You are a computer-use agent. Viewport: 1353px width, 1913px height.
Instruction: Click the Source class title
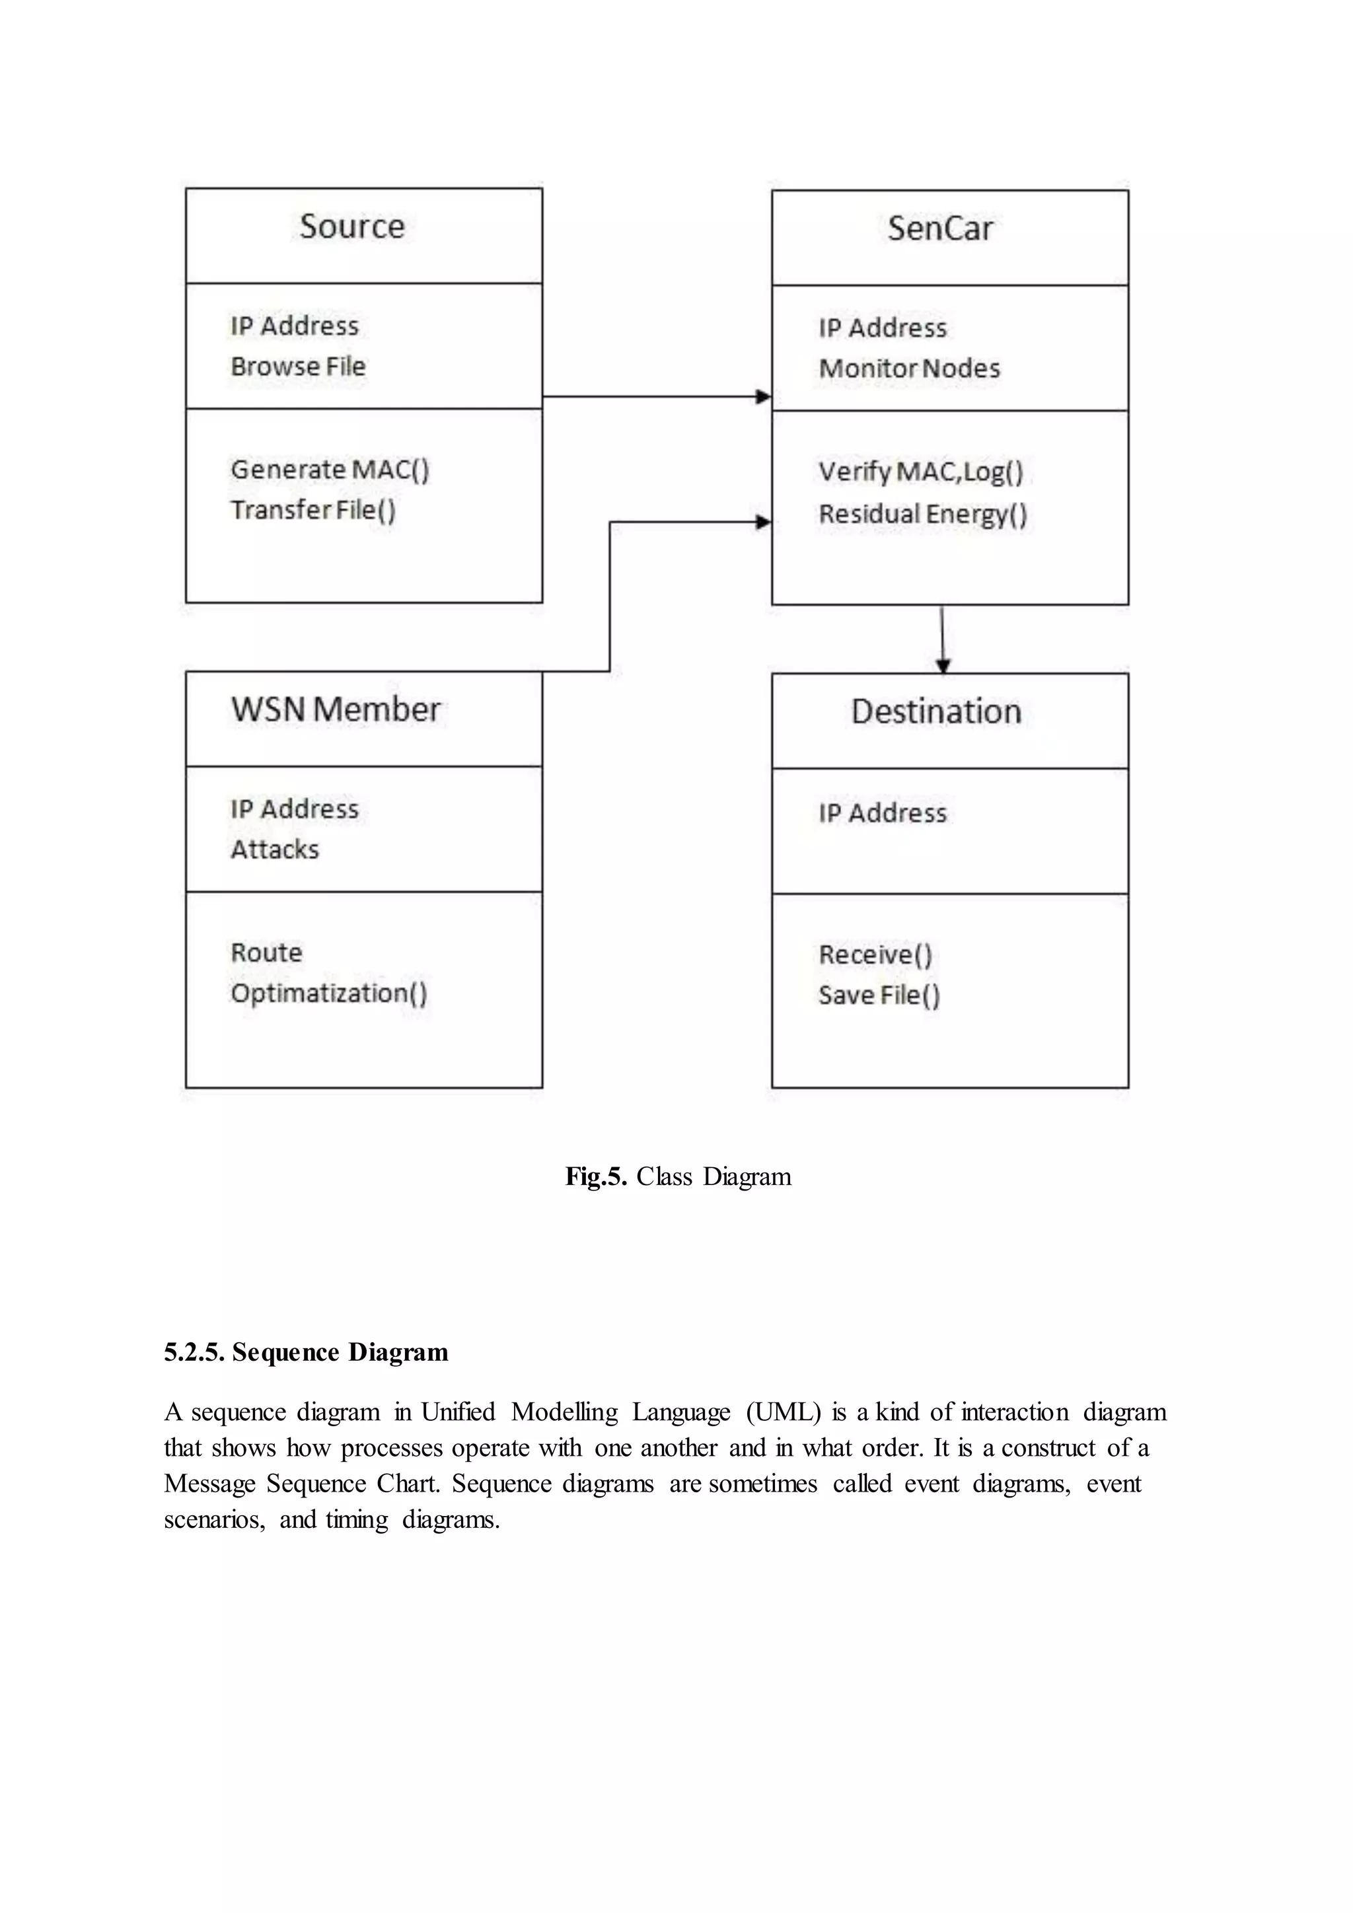pos(351,227)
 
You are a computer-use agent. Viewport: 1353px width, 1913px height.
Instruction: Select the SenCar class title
pos(940,229)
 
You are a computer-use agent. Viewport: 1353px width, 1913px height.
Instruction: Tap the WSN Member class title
pos(336,710)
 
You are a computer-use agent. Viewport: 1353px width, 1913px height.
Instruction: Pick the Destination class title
pos(935,711)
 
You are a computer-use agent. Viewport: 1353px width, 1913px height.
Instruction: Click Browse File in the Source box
pos(298,367)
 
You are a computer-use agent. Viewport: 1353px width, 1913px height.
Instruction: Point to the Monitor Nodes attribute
pos(909,369)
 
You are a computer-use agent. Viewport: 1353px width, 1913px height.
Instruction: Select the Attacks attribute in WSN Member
pos(275,850)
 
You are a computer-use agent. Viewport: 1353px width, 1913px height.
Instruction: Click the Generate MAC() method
pos(330,470)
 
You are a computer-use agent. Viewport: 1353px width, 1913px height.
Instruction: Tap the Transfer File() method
pos(313,510)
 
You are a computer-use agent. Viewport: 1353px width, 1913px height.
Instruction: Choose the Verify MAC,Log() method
pos(920,472)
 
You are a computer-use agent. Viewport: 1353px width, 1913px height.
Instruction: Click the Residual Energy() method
pos(922,514)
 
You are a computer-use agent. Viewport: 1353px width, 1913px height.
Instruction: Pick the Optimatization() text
pos(329,993)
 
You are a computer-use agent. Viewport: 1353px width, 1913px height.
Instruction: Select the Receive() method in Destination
pos(875,955)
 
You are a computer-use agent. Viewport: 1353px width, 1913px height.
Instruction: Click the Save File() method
pos(879,995)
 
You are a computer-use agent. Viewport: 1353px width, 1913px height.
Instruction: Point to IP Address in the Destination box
pos(882,813)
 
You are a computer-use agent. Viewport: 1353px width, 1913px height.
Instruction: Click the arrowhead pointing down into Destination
pos(942,666)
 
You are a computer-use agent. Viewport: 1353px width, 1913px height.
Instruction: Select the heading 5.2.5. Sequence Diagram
pos(306,1352)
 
